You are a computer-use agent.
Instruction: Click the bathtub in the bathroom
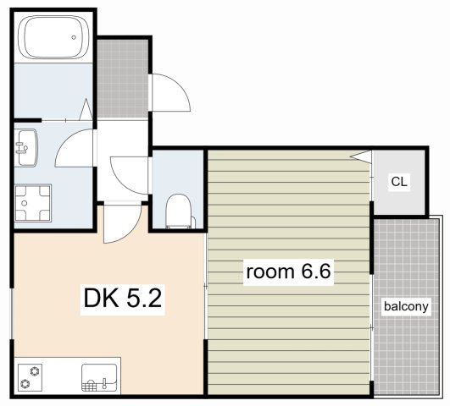pos(53,37)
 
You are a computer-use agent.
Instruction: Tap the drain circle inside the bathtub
pos(74,37)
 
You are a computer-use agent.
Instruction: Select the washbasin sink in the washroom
pos(27,147)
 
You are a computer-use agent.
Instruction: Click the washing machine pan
pos(33,203)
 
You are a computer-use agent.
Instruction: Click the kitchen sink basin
pos(99,377)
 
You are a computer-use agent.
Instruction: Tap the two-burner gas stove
pos(30,377)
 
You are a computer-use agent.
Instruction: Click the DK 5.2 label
pos(123,299)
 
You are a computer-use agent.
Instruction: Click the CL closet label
pos(399,181)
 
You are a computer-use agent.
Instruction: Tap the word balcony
pos(406,306)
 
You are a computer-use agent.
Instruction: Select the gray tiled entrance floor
pos(123,78)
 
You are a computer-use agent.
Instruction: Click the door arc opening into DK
pos(132,231)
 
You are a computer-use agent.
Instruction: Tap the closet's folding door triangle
pos(362,156)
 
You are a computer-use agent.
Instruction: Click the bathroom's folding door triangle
pos(86,109)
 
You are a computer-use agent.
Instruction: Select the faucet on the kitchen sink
pos(104,382)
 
